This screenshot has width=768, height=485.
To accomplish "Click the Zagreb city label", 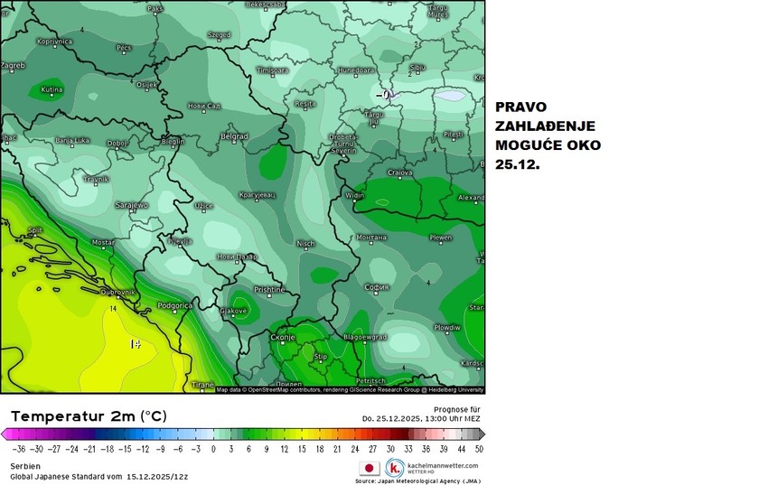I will click(13, 66).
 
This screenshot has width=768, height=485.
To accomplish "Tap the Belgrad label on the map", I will click(234, 136).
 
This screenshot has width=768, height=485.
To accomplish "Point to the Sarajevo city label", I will click(133, 205).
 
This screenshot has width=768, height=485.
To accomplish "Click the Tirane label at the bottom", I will click(204, 385).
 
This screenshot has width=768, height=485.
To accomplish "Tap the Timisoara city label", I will click(271, 70).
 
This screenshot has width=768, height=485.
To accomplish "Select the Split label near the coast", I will click(35, 229).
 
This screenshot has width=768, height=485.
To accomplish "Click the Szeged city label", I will click(219, 35).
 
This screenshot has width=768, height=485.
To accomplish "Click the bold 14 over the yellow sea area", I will click(135, 344).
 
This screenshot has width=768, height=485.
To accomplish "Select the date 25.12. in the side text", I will click(517, 163).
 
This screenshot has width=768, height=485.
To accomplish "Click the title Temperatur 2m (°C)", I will click(89, 415).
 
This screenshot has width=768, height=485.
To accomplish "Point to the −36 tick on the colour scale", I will click(16, 448).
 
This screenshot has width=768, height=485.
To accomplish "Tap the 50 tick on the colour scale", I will click(478, 448).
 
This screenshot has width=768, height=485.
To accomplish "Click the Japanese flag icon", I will click(368, 468).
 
